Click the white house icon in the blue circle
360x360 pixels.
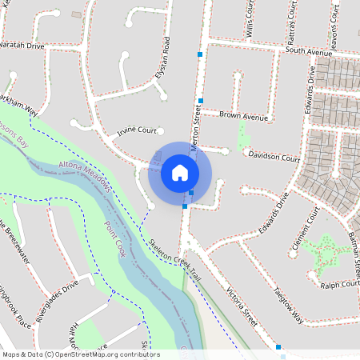(180, 173)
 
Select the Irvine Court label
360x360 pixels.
(137, 130)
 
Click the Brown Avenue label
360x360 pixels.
(243, 117)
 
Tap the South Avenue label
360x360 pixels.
(308, 51)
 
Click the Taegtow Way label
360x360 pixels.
(288, 304)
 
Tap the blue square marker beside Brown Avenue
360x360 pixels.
(200, 101)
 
